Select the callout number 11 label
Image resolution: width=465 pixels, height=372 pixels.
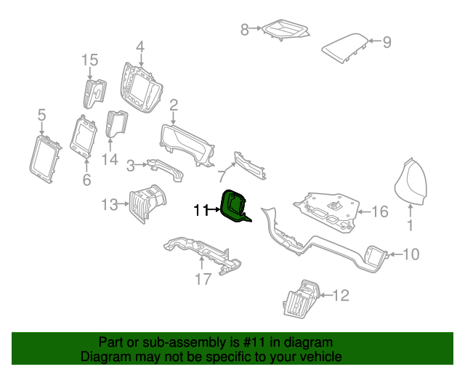point(201,210)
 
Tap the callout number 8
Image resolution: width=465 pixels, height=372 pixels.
point(244,30)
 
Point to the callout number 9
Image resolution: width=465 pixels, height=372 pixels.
point(387,42)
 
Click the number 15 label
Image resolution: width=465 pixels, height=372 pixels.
point(90,60)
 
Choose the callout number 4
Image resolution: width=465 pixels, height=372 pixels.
point(140,47)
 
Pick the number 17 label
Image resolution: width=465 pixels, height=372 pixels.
point(203,279)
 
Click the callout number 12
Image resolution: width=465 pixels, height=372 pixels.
point(341,296)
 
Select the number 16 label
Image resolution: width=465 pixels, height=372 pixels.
point(379,212)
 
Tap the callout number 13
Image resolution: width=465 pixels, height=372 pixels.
point(110,205)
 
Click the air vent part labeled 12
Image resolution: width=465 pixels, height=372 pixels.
point(302,299)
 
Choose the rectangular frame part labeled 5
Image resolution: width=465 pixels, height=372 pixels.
point(45,159)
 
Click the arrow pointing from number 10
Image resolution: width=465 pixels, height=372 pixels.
point(395,254)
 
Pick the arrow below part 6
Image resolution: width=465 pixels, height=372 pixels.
point(86,166)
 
